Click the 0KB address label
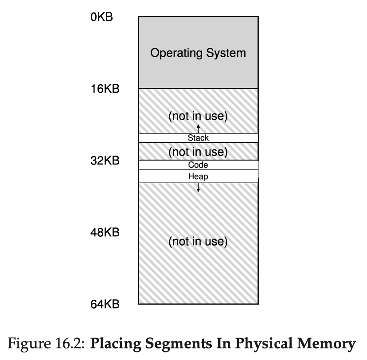pyautogui.click(x=102, y=17)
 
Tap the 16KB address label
pyautogui.click(x=105, y=89)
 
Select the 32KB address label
pyautogui.click(x=105, y=161)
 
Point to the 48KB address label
pyautogui.click(x=105, y=232)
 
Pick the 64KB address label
pyautogui.click(x=105, y=304)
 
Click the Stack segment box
pyautogui.click(x=198, y=138)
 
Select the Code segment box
pyautogui.click(x=198, y=165)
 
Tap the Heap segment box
pyautogui.click(x=198, y=176)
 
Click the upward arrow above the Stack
pyautogui.click(x=198, y=129)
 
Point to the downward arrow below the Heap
pyautogui.click(x=198, y=188)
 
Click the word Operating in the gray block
pyautogui.click(x=176, y=53)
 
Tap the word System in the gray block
pyautogui.click(x=226, y=53)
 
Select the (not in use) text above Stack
pyautogui.click(x=198, y=116)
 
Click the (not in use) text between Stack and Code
pyautogui.click(x=198, y=152)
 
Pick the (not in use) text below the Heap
pyautogui.click(x=198, y=242)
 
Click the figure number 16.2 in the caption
pyautogui.click(x=70, y=344)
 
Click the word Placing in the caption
pyautogui.click(x=116, y=344)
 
